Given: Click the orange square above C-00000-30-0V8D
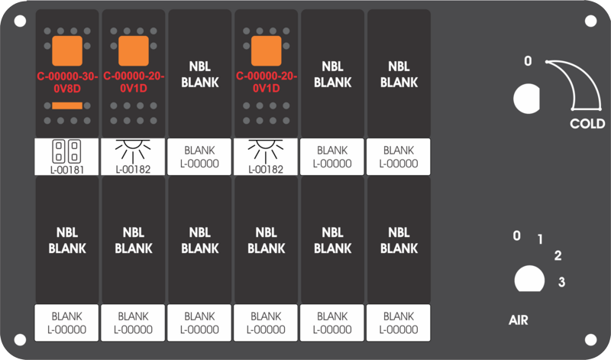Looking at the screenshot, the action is point(67,50).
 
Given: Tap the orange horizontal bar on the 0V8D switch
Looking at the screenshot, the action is point(67,105).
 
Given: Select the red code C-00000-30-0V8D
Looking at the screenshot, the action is point(67,83).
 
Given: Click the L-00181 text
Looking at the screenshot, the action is point(67,170).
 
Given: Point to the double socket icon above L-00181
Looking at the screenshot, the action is point(66,151).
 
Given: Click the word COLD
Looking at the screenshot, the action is point(587,124).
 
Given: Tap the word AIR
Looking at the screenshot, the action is point(519,320).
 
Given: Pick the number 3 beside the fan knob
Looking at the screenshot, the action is point(561,281).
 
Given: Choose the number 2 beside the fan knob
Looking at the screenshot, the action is point(558,255).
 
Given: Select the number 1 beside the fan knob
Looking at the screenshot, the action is point(540,238).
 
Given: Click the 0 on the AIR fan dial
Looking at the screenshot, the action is point(517,235).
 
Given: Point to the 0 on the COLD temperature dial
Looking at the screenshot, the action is point(528,61).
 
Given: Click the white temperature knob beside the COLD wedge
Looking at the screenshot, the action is point(527,99).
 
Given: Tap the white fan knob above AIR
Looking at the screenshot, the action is point(529,279).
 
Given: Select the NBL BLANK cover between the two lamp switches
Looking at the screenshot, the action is point(200,73).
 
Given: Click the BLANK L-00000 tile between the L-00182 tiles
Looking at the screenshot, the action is point(199,157).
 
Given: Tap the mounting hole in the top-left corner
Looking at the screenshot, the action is point(21,21).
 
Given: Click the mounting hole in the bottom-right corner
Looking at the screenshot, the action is point(590,339).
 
